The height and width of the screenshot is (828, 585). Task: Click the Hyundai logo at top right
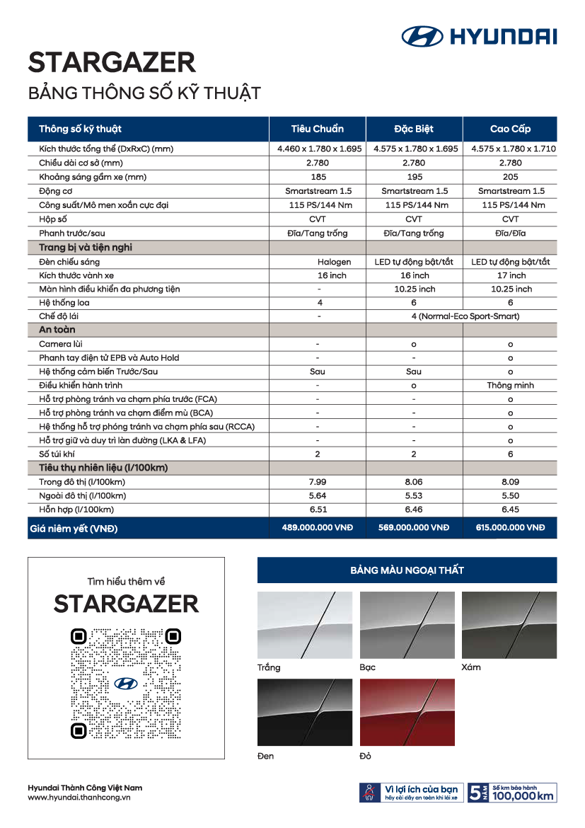[x=479, y=36]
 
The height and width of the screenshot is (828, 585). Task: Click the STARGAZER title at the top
[x=112, y=63]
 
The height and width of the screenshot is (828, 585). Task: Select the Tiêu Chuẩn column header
[x=318, y=129]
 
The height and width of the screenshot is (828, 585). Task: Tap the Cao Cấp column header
[x=510, y=129]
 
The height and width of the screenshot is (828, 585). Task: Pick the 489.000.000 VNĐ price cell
[x=318, y=528]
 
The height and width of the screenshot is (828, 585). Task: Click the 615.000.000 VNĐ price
[x=510, y=528]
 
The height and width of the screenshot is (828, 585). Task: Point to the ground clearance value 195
[x=414, y=177]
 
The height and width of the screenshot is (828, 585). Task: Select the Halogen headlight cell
[x=334, y=262]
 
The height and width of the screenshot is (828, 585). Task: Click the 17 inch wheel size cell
[x=510, y=275]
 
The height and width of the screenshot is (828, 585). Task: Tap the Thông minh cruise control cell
[x=510, y=386]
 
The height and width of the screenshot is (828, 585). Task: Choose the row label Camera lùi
[x=61, y=344]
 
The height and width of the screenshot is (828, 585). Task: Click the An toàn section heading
[x=57, y=330]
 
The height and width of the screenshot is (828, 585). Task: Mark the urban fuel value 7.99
[x=318, y=482]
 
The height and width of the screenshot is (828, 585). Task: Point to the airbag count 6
[x=510, y=454]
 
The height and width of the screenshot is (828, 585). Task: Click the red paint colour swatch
[x=407, y=713]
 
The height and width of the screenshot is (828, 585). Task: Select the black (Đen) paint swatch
[x=305, y=713]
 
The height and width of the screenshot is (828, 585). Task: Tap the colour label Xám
[x=471, y=667]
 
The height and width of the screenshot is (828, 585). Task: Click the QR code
[x=126, y=683]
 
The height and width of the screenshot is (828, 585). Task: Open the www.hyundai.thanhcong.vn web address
[x=79, y=798]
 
